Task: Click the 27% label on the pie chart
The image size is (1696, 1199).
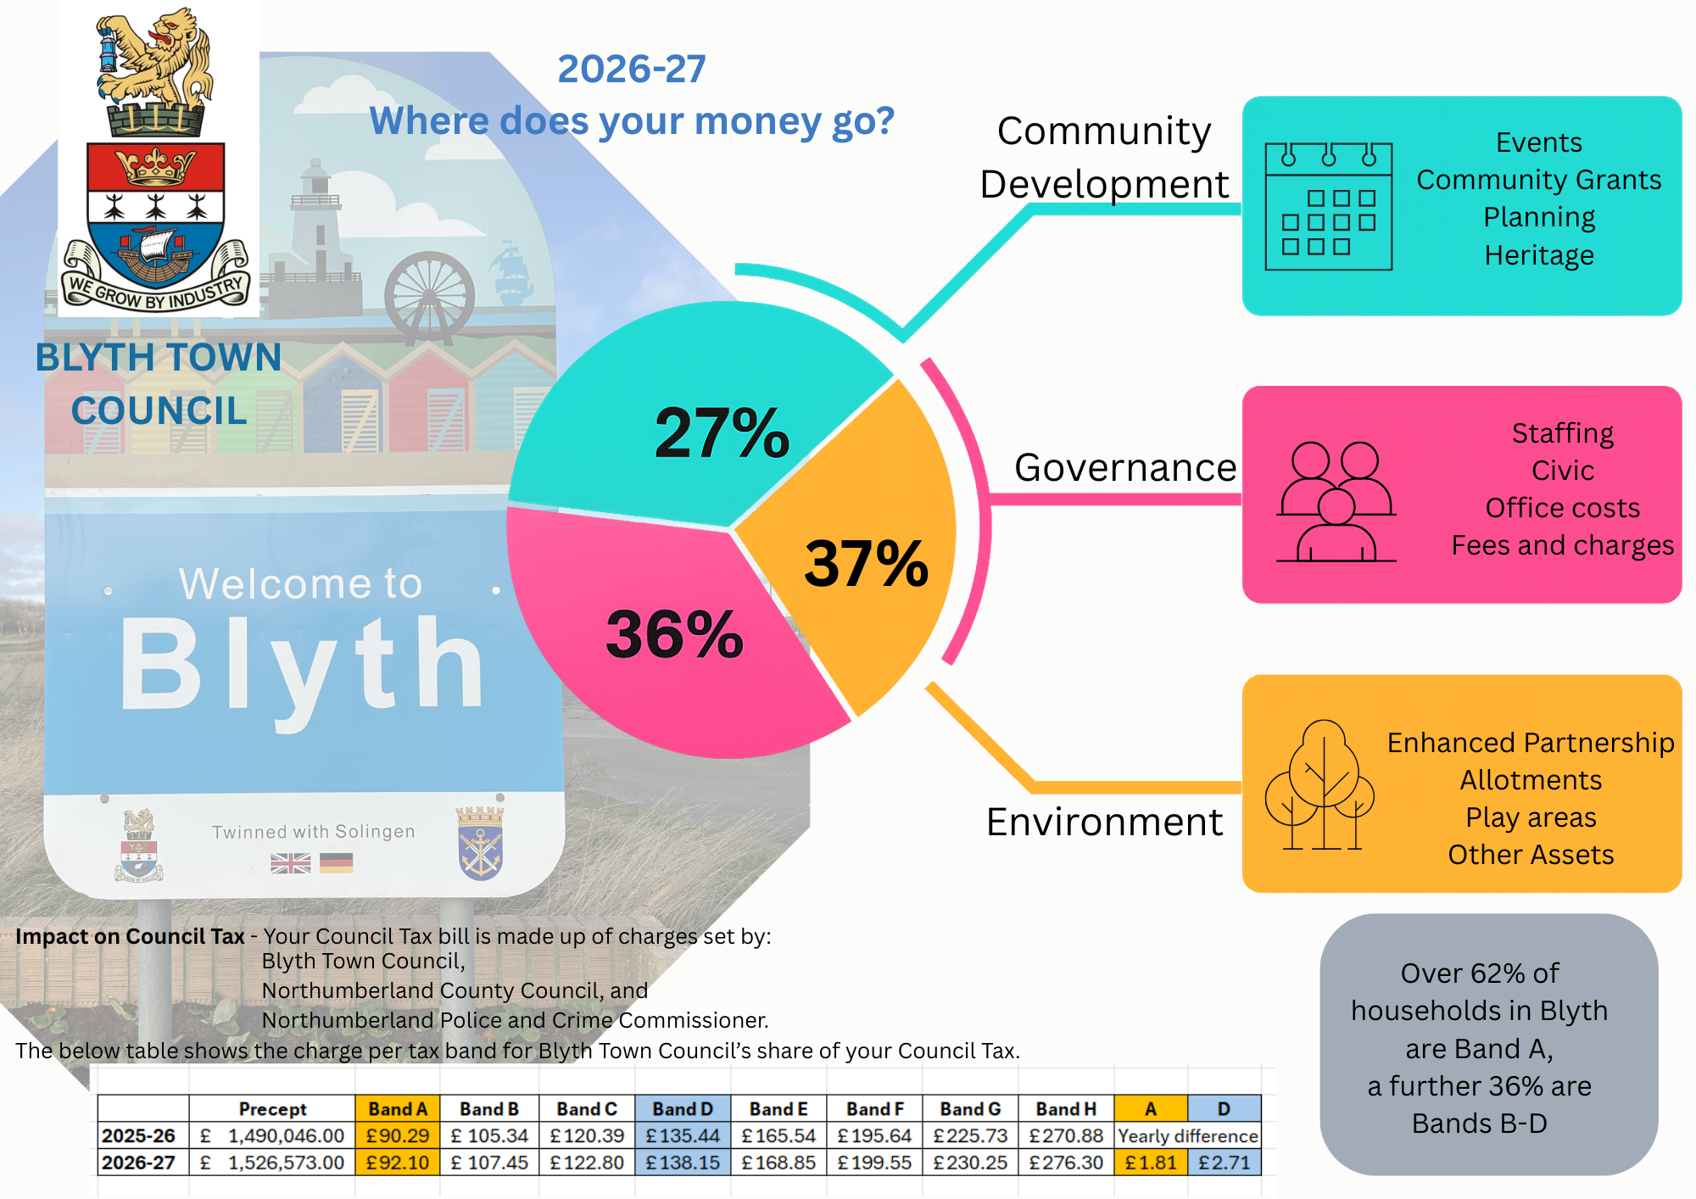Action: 722,433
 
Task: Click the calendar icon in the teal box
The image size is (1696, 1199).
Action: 1328,206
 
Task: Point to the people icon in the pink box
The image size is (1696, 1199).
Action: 1336,502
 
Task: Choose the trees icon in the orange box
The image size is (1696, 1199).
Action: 1320,785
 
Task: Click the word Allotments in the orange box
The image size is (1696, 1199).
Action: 1531,780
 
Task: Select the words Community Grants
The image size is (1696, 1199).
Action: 1538,180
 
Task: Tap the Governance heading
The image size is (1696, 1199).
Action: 1125,468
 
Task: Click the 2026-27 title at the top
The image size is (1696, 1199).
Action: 632,70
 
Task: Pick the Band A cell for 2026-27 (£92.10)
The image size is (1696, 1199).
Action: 397,1163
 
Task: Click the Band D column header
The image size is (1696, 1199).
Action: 683,1109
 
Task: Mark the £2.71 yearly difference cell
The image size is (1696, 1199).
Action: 1224,1163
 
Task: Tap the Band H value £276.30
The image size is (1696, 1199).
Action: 1065,1163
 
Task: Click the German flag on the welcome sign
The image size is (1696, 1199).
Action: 337,863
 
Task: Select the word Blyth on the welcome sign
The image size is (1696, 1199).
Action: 301,666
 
